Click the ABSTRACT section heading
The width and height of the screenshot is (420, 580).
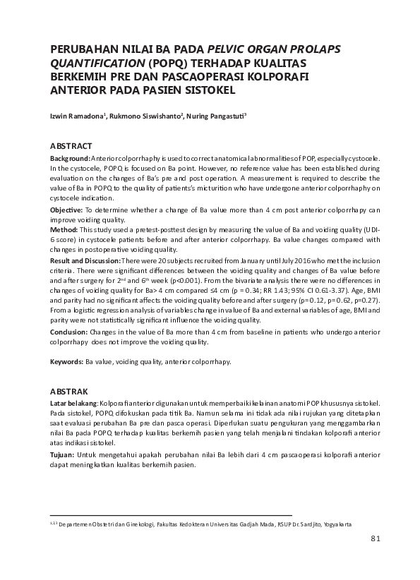(x=72, y=145)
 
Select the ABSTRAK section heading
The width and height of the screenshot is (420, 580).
(x=70, y=390)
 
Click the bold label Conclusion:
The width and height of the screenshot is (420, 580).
(x=69, y=330)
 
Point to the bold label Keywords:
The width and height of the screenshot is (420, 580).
(x=66, y=361)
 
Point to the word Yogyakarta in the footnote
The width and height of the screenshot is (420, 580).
(x=333, y=525)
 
